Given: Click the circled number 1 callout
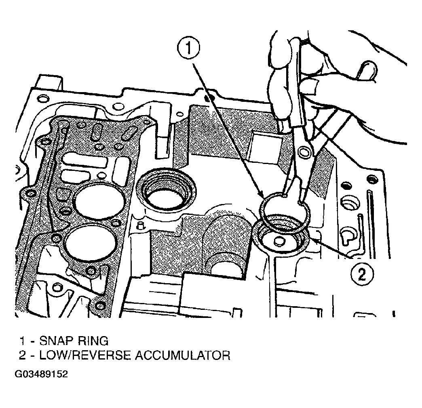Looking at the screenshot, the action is pyautogui.click(x=188, y=48).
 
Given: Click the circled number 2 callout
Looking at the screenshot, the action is pyautogui.click(x=362, y=274).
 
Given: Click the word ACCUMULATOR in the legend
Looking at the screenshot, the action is pyautogui.click(x=182, y=355).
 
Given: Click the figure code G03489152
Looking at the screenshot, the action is pyautogui.click(x=41, y=374).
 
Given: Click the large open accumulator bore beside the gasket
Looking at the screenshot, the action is pyautogui.click(x=166, y=188).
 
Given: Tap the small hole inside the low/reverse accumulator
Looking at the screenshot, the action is pyautogui.click(x=279, y=242).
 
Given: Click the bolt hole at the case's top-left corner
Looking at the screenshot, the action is pyautogui.click(x=43, y=99).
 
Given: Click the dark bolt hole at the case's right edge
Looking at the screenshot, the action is pyautogui.click(x=372, y=179).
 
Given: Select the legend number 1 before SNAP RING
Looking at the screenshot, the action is pyautogui.click(x=23, y=341).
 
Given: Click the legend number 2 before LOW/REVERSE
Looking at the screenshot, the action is pyautogui.click(x=23, y=355).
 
